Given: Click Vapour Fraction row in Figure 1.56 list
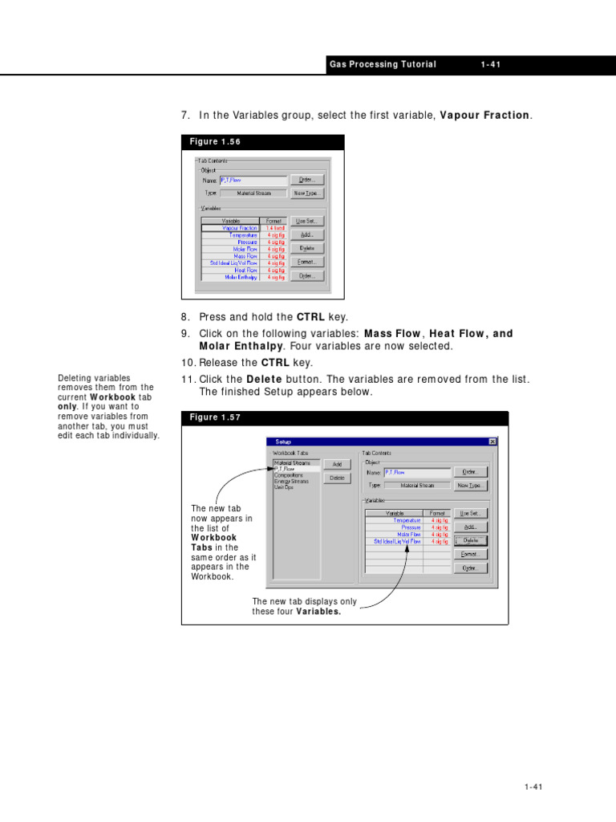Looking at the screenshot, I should point(241,228).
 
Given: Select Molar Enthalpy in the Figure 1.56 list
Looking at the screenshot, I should point(241,277).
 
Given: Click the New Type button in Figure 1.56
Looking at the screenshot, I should point(308,193).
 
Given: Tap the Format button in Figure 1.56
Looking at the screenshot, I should point(308,262).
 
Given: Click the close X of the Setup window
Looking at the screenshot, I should point(492,442).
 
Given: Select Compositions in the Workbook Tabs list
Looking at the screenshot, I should point(290,474).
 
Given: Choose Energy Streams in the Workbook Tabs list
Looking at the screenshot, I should point(291,481).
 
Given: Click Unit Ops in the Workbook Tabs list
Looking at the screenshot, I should point(284,487).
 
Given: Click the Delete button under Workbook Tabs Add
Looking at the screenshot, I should point(337,478).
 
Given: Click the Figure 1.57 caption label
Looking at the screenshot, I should point(215,417).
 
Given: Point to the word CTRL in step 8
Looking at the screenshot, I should point(310,318).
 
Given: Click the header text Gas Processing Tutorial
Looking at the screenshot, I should point(383,65).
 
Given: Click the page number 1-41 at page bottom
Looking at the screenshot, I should point(533,787).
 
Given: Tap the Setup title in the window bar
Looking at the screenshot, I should point(284,442).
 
